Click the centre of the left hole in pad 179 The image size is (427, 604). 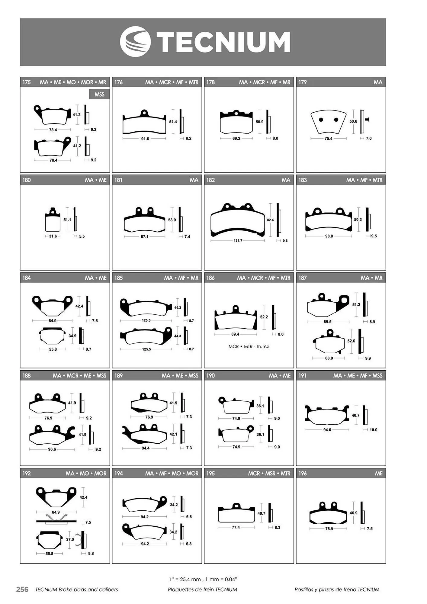pyautogui.click(x=321, y=120)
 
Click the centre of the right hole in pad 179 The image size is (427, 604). pyautogui.click(x=336, y=120)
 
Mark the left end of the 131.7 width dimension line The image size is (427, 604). pyautogui.click(x=211, y=241)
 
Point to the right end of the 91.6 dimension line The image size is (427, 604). pyautogui.click(x=166, y=139)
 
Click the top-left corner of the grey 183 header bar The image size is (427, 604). pyautogui.click(x=296, y=175)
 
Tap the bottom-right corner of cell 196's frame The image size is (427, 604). pyautogui.click(x=386, y=563)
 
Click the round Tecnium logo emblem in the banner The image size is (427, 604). pyautogui.click(x=135, y=42)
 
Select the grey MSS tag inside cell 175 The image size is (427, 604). pyautogui.click(x=99, y=94)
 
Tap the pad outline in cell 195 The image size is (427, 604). pyautogui.click(x=236, y=513)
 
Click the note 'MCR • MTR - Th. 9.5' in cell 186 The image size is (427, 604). pyautogui.click(x=249, y=346)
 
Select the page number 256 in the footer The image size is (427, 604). pyautogui.click(x=22, y=589)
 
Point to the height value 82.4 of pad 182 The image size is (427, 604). pyautogui.click(x=270, y=220)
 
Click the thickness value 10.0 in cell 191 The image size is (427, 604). pyautogui.click(x=373, y=430)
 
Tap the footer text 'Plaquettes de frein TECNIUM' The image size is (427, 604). pyautogui.click(x=202, y=589)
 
